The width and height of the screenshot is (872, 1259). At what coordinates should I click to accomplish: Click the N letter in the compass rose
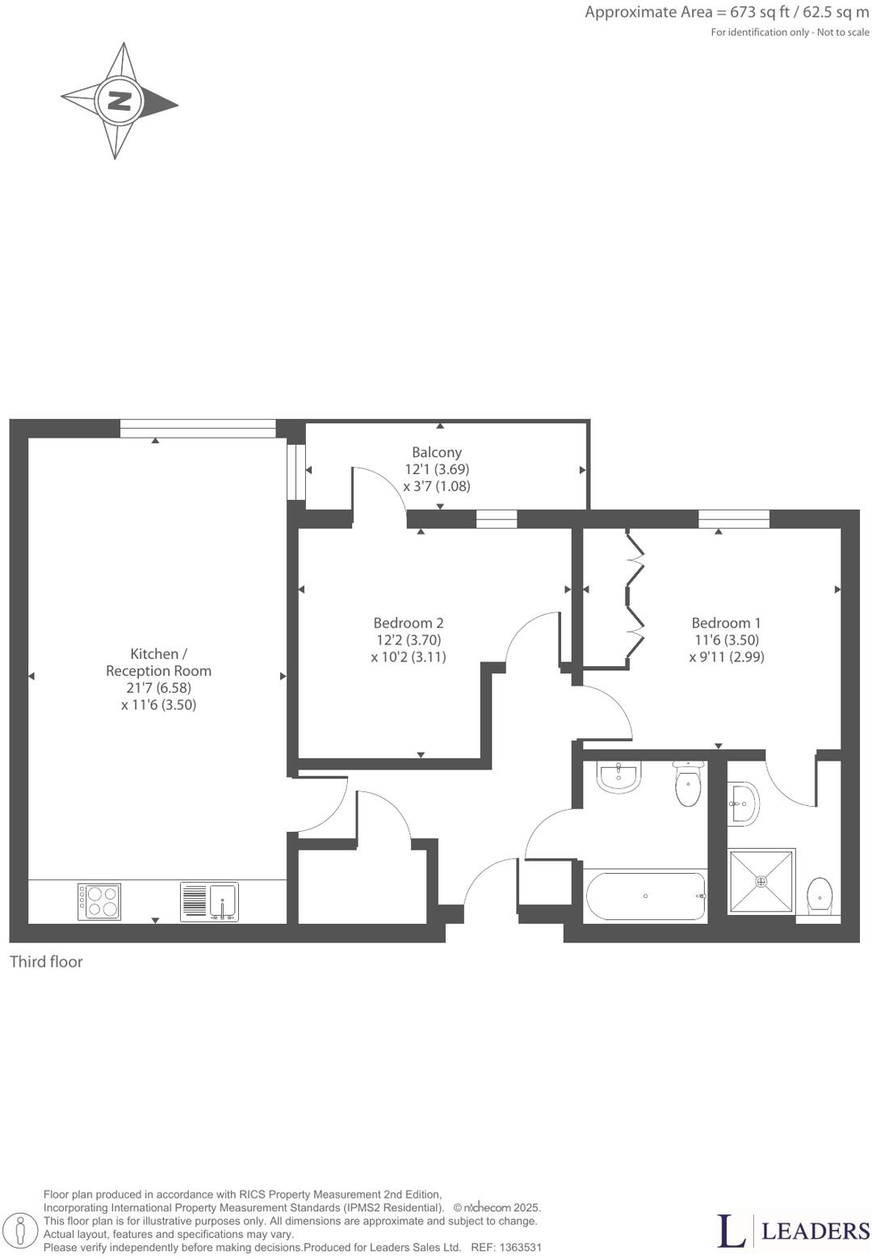(x=119, y=101)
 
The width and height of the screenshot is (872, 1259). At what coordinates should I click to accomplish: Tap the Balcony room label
(x=437, y=452)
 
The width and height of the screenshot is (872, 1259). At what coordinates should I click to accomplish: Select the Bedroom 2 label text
(x=409, y=623)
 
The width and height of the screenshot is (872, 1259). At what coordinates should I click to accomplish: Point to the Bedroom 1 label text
(x=726, y=623)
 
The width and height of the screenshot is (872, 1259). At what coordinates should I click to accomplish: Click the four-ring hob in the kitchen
(x=99, y=901)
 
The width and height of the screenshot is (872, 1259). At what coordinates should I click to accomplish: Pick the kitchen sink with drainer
(x=209, y=901)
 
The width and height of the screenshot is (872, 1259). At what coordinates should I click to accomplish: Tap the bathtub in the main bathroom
(x=645, y=896)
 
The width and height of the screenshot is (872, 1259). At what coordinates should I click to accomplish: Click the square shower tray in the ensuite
(x=761, y=882)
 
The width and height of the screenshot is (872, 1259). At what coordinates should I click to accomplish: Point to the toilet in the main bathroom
(x=688, y=786)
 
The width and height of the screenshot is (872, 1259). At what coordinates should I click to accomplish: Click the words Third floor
(x=46, y=962)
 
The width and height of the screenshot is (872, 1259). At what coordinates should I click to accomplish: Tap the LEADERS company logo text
(x=815, y=1231)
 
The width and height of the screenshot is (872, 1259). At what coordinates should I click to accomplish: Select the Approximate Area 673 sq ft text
(x=727, y=12)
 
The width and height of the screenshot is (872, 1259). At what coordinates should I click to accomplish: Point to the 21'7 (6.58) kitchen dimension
(x=159, y=687)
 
